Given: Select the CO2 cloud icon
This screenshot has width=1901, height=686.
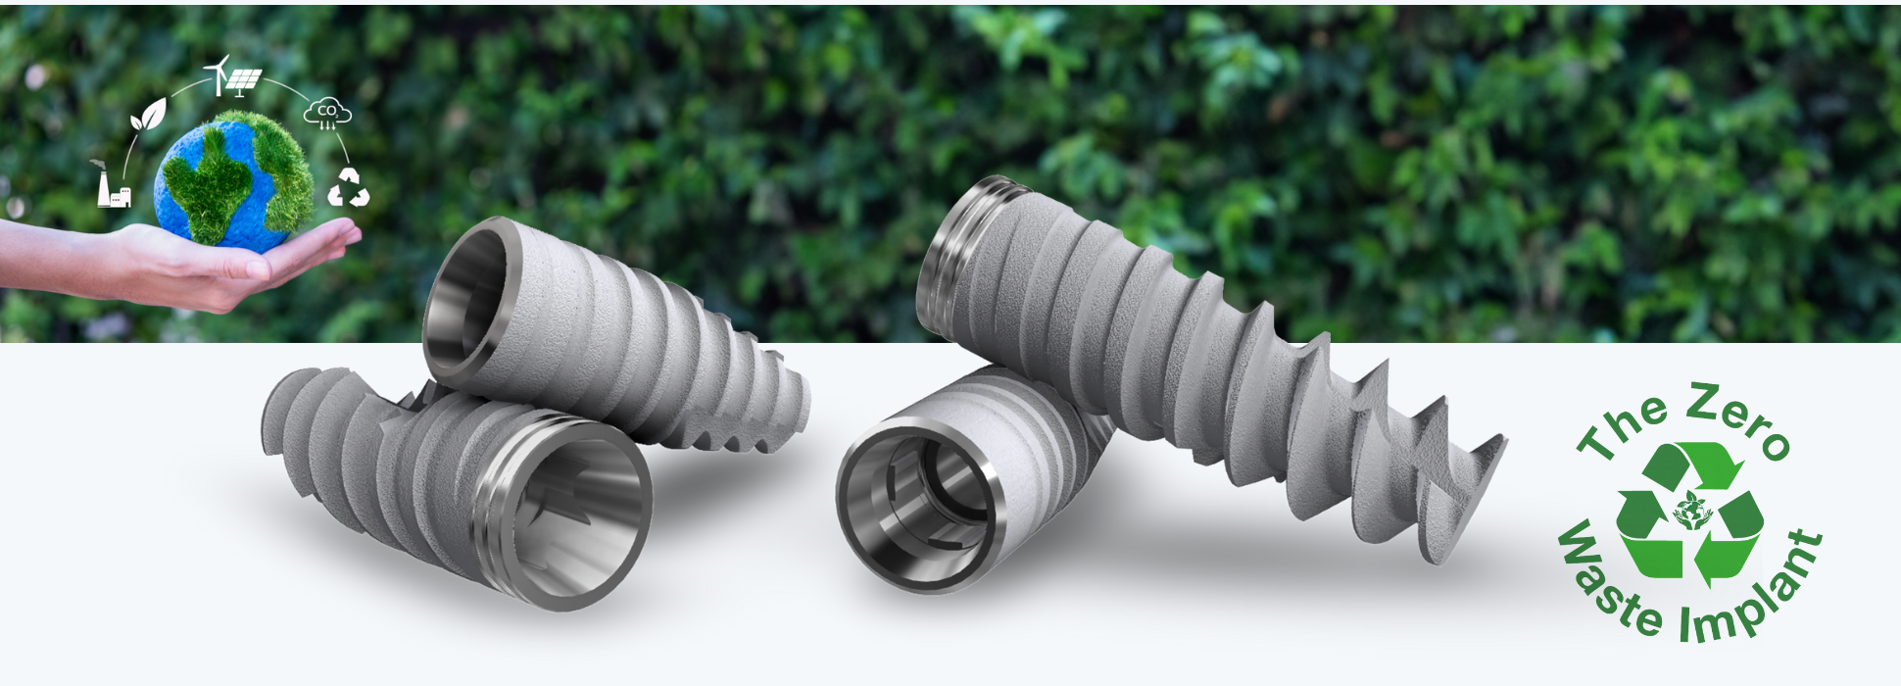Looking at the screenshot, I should pos(328,114).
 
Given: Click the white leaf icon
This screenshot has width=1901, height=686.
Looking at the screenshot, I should pos(148,115).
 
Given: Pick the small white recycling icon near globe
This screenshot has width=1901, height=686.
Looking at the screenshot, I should pos(348,187).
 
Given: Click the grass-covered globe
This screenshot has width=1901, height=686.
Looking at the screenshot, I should pos(233,179).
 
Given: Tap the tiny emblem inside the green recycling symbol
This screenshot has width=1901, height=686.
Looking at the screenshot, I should pos(1689,511).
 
